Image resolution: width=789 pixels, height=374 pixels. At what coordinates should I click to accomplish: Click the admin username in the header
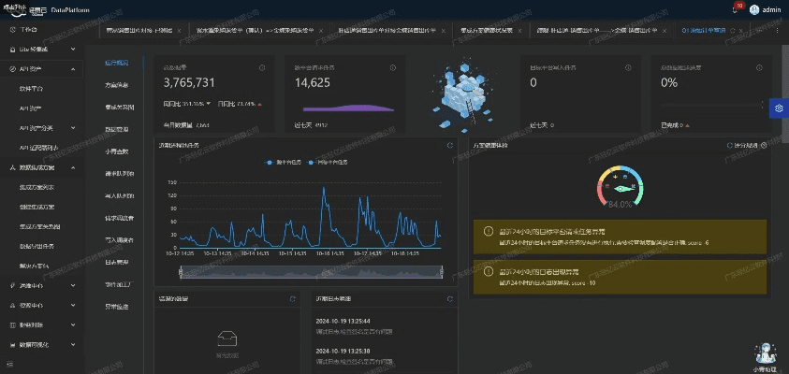[x=771, y=9]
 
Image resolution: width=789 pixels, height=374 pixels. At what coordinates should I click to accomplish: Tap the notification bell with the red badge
[x=735, y=9]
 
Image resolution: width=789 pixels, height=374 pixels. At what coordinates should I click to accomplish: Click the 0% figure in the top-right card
[x=669, y=83]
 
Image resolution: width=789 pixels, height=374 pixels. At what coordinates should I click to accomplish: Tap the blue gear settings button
[x=778, y=108]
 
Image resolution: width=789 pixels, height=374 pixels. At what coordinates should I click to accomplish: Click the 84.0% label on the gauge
[x=621, y=204]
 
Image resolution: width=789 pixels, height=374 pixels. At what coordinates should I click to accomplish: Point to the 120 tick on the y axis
[x=171, y=195]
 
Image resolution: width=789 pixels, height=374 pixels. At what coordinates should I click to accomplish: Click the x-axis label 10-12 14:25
[x=182, y=252]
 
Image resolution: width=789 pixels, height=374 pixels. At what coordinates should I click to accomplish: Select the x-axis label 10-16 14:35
[x=360, y=252]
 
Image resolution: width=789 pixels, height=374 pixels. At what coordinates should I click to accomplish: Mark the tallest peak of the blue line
[x=324, y=191]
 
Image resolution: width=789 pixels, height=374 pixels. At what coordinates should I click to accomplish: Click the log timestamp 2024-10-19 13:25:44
[x=343, y=321]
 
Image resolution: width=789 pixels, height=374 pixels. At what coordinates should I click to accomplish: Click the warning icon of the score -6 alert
[x=489, y=231]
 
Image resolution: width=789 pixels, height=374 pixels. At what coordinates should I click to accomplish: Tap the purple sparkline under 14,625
[x=351, y=107]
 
